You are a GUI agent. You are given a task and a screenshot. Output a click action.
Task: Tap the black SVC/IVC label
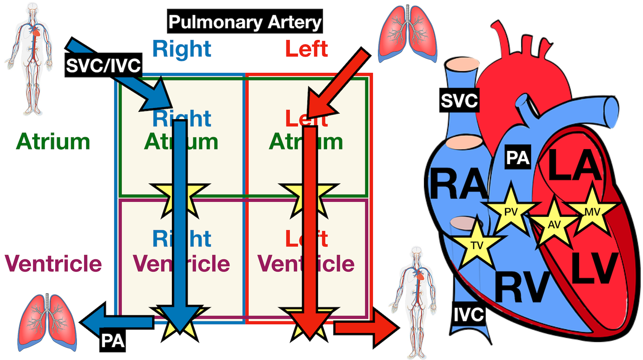(103, 66)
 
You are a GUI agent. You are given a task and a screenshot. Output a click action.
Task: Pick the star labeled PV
(511, 211)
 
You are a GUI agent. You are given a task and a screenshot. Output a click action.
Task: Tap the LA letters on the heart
(575, 165)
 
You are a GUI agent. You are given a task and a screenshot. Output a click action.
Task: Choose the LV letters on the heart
(595, 269)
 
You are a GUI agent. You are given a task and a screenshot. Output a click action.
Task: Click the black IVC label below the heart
(469, 315)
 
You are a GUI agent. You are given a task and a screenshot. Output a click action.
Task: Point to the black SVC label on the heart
(459, 101)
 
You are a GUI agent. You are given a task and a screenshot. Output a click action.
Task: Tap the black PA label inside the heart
(518, 158)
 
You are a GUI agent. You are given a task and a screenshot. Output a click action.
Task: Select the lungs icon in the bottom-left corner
(47, 321)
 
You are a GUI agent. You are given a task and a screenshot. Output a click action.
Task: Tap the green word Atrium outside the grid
(53, 142)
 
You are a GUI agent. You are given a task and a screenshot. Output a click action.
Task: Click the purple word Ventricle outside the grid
(54, 264)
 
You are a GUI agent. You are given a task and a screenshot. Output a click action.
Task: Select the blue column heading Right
(182, 49)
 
